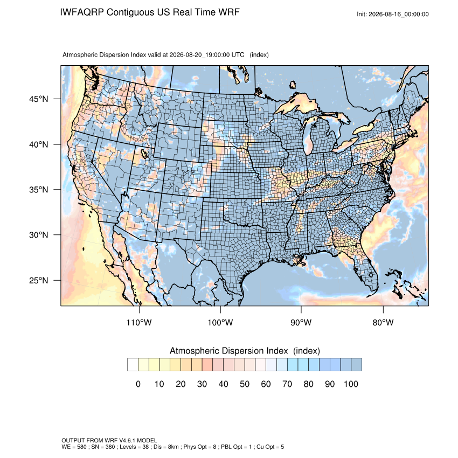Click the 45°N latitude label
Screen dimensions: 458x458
(39, 99)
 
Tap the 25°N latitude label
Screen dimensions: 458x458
(39, 280)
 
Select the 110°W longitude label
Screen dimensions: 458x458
(139, 322)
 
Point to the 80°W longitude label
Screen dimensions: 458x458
(383, 322)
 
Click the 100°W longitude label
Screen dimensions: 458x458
(220, 322)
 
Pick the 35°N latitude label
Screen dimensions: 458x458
(39, 190)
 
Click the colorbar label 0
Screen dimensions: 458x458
(138, 384)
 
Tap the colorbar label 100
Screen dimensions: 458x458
(351, 384)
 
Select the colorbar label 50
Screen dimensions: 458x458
(245, 384)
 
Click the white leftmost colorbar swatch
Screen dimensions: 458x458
(133, 365)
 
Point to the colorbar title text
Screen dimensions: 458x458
(245, 351)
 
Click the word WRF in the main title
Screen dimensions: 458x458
(230, 12)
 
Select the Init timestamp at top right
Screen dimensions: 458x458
(393, 15)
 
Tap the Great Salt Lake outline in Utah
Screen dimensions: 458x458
(144, 154)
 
